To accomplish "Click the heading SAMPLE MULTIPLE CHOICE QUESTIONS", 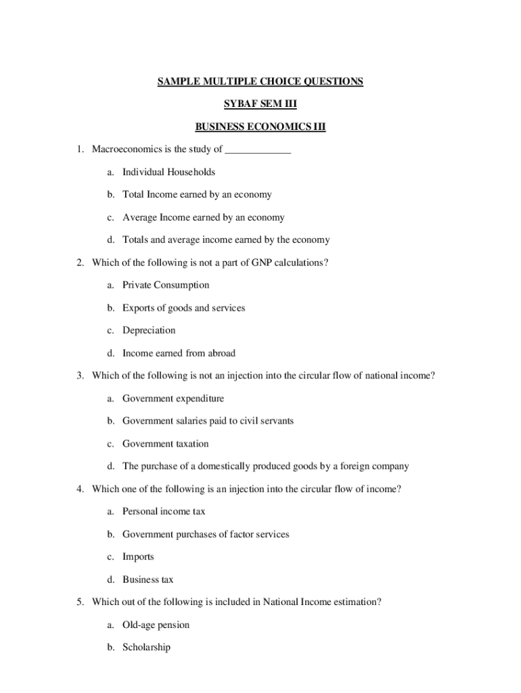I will point(260,82).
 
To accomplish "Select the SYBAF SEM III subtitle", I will point(260,104).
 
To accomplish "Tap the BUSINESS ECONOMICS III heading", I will point(260,127).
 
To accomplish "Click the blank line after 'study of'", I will point(258,150).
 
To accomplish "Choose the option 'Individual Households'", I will point(168,172).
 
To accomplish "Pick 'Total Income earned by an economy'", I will point(197,195).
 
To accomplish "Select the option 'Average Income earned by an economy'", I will point(203,217).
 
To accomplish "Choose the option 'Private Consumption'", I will point(166,285).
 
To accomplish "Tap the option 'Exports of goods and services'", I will point(183,308).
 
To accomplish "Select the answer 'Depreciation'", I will point(149,330).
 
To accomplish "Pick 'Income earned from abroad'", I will point(179,353).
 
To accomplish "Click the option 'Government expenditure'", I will point(173,399).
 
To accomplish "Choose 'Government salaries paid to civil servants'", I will point(208,421).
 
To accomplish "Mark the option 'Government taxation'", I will point(165,444).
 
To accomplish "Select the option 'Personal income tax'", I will point(164,512).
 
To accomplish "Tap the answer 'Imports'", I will point(138,557).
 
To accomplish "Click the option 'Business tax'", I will point(148,580).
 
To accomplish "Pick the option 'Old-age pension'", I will point(156,625).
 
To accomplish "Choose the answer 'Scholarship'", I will point(146,648).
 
